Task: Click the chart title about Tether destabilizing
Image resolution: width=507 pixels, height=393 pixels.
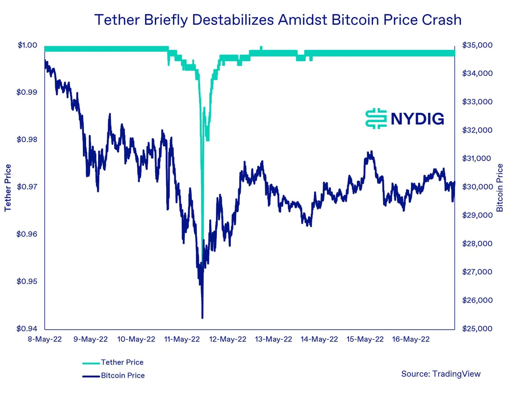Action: coord(277,20)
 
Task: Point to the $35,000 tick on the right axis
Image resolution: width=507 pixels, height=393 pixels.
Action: coord(477,45)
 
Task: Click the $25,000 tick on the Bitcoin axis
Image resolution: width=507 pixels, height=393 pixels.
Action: coord(477,329)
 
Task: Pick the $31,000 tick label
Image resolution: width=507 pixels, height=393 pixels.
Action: coord(477,158)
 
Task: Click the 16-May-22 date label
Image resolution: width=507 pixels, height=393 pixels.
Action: coord(410,339)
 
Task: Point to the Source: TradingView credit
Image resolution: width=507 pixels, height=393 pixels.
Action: coord(440,374)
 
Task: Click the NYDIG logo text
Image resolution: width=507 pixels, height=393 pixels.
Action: coord(417,119)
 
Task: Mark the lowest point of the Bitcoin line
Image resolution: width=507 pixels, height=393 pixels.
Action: coord(202,317)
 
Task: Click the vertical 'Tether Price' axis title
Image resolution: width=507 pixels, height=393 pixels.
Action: coord(8,187)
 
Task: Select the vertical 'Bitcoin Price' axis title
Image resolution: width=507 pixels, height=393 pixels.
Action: coord(500,188)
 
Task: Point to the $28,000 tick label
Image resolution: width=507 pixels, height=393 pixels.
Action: coord(477,244)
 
